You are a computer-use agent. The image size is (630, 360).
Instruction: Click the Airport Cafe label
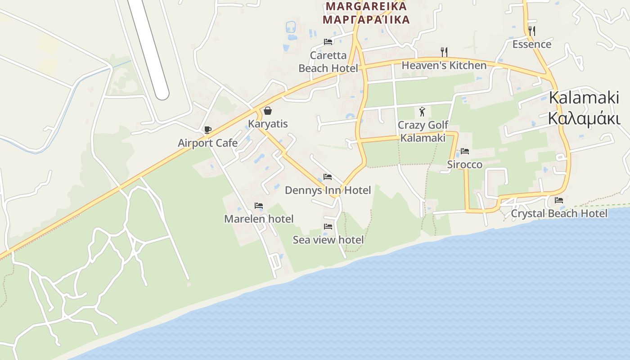(207, 143)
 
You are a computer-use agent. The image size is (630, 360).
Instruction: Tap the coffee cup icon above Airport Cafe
(207, 130)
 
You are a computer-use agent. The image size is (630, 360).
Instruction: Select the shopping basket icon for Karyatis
(268, 111)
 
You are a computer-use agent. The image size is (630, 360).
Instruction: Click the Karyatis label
(268, 124)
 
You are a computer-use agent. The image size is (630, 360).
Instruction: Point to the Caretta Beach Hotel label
(328, 62)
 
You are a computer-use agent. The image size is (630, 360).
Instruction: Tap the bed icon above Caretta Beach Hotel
(328, 42)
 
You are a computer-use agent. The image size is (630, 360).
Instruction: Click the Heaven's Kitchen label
(444, 66)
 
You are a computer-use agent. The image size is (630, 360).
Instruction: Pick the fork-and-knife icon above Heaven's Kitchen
(444, 52)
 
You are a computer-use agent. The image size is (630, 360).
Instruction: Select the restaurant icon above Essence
(531, 31)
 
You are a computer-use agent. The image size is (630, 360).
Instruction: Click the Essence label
(531, 44)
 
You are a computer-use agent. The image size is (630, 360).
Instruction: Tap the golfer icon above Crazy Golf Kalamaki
(422, 112)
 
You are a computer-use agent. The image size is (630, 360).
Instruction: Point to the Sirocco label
(464, 165)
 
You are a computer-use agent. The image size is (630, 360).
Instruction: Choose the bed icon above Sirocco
(465, 151)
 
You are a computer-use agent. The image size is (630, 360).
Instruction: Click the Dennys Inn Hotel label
(328, 190)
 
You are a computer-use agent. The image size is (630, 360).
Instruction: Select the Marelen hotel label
(259, 219)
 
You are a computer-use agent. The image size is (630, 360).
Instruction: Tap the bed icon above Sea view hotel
(328, 226)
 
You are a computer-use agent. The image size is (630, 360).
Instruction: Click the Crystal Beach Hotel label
(559, 213)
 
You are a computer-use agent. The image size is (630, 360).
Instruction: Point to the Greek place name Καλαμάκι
(584, 118)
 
